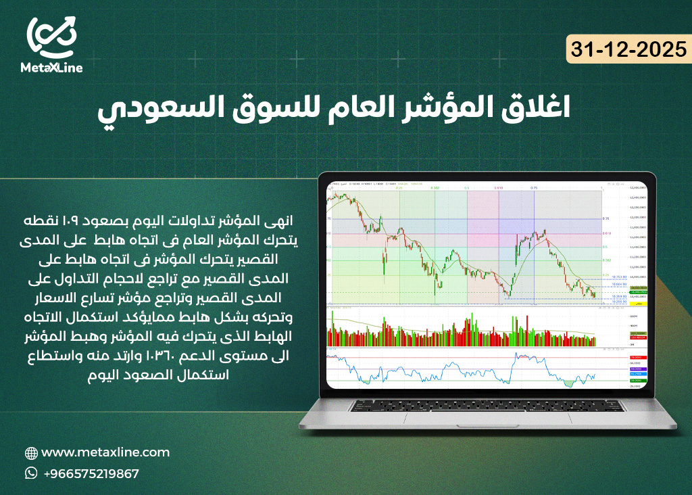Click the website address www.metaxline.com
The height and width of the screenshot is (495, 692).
(x=105, y=452)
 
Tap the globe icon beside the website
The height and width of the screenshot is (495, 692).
(x=31, y=453)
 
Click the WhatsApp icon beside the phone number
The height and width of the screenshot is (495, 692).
(x=31, y=473)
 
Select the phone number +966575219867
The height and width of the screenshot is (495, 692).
(x=91, y=473)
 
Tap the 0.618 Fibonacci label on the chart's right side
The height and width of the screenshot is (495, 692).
(x=606, y=234)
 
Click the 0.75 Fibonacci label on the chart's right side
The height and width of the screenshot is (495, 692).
(x=606, y=219)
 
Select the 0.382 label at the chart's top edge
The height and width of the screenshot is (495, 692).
(x=436, y=187)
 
